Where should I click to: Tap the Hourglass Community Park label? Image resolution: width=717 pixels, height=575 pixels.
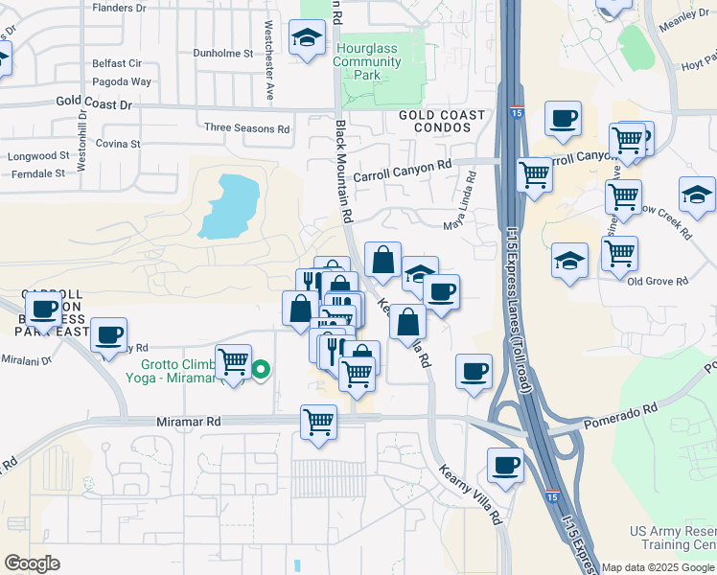tap(367, 61)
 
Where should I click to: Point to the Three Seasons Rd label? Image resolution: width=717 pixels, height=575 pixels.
tap(246, 127)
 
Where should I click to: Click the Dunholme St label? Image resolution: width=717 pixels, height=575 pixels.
tap(222, 54)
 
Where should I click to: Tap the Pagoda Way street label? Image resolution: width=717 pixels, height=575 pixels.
tap(116, 82)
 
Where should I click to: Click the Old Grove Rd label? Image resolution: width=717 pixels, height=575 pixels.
tap(658, 281)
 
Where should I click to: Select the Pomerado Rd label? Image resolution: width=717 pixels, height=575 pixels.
tap(622, 409)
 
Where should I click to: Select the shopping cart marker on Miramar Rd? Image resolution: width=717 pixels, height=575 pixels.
tap(318, 421)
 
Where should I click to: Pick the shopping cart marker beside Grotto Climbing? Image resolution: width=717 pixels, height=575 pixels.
tap(233, 362)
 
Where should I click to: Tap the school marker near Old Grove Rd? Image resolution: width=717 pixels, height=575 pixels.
tap(569, 261)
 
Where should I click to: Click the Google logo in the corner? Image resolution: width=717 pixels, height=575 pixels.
tap(32, 563)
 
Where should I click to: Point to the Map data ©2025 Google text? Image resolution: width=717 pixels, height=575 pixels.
tap(659, 567)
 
